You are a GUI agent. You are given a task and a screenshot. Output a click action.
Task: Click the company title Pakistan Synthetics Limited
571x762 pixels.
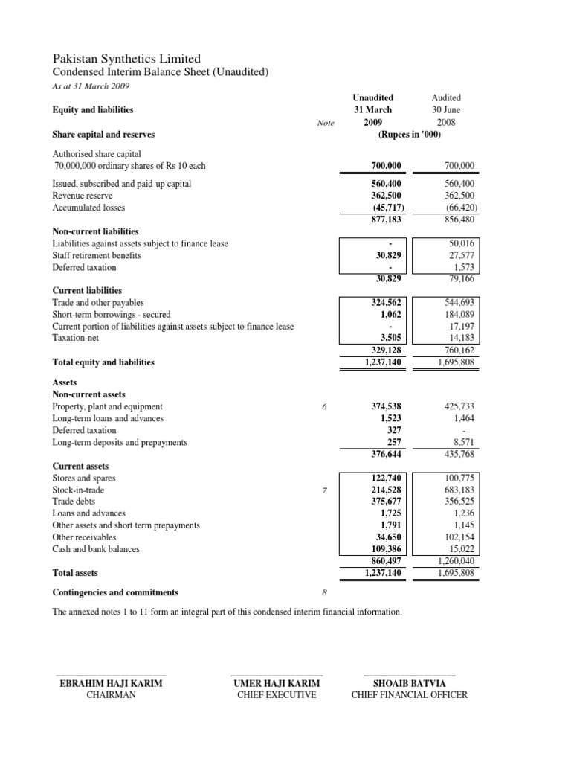(126, 58)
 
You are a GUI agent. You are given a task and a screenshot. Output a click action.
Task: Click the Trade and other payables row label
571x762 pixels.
(98, 303)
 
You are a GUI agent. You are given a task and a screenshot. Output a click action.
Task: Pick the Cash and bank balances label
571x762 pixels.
(96, 549)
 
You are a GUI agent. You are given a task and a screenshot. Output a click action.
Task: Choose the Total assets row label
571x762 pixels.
(75, 574)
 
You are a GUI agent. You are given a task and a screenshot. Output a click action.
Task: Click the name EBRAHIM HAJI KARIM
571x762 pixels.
(111, 683)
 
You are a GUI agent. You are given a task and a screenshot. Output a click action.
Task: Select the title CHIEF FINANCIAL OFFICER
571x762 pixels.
(410, 695)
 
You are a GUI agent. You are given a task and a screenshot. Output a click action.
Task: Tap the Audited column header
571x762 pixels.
(446, 97)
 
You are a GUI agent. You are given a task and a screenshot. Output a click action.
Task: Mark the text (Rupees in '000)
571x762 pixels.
(410, 135)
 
